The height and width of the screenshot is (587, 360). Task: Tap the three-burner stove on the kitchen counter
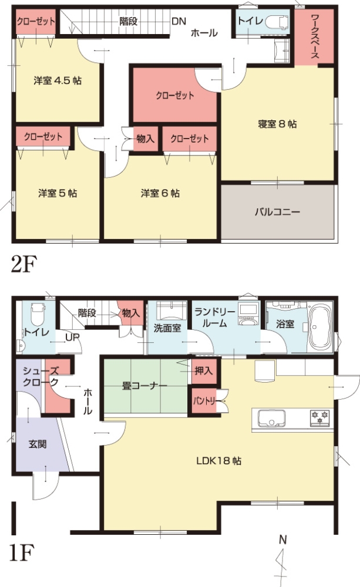320,418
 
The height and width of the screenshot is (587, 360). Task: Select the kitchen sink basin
271,418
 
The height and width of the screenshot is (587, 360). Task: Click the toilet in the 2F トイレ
277,22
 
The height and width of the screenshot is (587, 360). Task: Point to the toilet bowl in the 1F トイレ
38,315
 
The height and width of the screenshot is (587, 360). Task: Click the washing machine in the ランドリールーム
248,315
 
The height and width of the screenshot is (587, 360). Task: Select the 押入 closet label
204,371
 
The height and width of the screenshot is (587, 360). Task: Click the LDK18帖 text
219,461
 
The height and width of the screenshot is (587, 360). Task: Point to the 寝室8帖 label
277,124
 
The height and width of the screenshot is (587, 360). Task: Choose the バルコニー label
278,212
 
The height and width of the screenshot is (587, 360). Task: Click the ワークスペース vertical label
315,36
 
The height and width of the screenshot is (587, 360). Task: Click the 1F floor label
21,554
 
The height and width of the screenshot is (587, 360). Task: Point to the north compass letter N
283,540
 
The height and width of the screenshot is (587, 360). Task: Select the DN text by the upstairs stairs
179,21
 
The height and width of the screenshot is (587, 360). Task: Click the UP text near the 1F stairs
72,338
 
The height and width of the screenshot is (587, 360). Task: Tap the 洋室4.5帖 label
58,80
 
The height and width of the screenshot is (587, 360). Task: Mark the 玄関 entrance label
38,444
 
